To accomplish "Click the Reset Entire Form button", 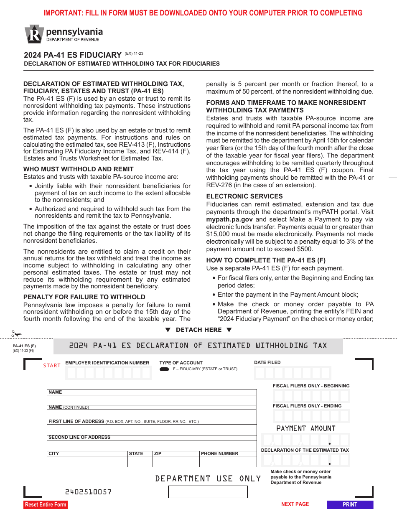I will point(46,504).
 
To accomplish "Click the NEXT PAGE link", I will point(295,504).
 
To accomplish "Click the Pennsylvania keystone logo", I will point(34,34).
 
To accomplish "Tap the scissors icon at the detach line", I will point(16,334).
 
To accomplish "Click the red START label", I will point(52,366).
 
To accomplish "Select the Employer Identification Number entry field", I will point(109,373).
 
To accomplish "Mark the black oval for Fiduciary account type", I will point(164,369).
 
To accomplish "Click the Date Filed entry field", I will point(293,373).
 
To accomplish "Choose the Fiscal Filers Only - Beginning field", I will point(311,396).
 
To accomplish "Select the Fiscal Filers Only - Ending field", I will point(311,416).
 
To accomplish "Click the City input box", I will point(87,461).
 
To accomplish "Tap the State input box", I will point(140,461).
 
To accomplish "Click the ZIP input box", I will point(176,461).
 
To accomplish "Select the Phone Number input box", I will point(228,461).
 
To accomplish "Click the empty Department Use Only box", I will point(208,492).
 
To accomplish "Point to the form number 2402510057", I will point(88,492).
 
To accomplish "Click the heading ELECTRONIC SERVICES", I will point(244,196).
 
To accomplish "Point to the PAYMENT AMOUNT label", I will point(306,428).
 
